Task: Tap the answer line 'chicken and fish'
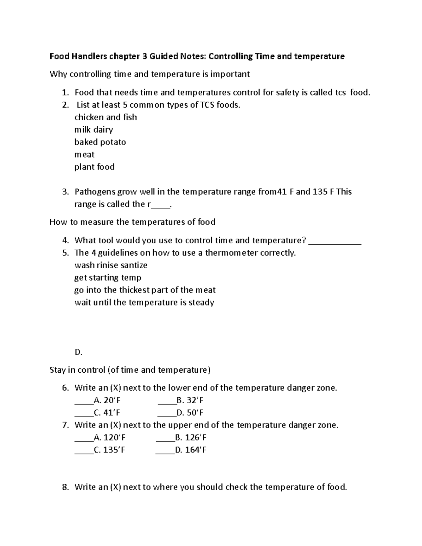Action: click(105, 117)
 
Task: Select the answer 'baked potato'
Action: click(100, 142)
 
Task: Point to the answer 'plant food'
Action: click(94, 167)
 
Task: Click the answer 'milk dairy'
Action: click(94, 130)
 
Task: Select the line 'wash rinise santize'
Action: click(111, 265)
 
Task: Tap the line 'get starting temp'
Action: click(108, 278)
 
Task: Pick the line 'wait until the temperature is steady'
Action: click(144, 302)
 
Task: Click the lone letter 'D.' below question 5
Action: click(78, 352)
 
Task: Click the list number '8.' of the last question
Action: click(65, 487)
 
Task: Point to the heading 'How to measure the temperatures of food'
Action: click(132, 222)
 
